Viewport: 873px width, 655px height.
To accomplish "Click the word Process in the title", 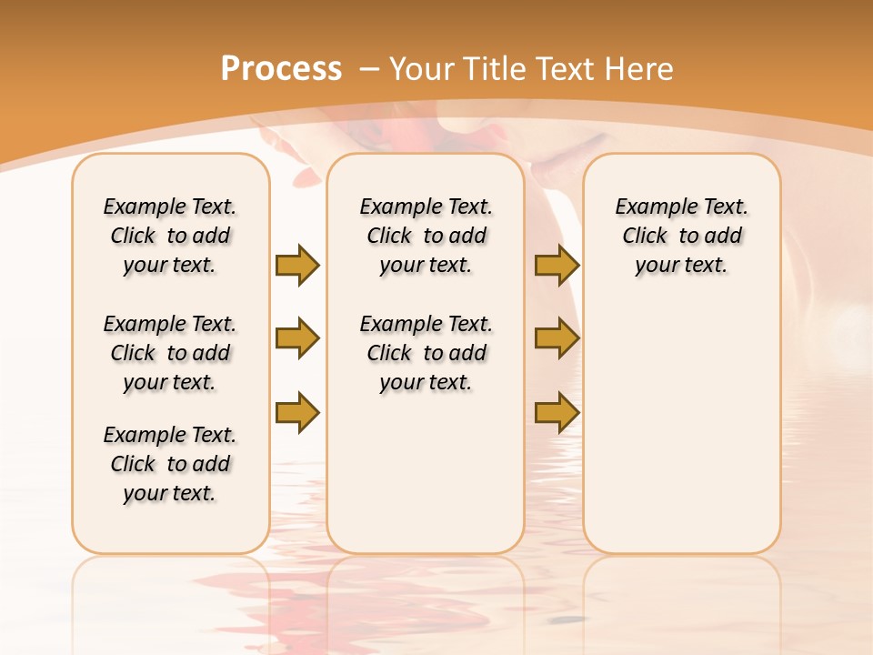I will coord(281,68).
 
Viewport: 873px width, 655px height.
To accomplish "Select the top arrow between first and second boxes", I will coord(297,265).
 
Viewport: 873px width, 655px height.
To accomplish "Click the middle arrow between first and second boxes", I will coord(297,338).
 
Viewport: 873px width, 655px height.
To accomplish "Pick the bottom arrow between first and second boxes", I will coord(297,412).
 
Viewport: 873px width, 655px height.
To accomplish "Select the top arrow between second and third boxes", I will coord(557,265).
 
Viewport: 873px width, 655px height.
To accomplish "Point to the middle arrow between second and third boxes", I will coord(557,338).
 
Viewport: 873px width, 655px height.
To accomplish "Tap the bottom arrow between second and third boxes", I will coord(557,412).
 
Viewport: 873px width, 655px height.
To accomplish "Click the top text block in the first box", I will coord(170,236).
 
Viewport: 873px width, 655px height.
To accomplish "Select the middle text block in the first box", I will coord(170,353).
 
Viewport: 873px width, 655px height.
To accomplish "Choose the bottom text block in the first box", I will coord(170,464).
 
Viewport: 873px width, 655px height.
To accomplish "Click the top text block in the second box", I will coord(426,236).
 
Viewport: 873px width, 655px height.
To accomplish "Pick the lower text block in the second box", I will coord(426,353).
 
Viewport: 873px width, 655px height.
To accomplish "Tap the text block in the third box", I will coord(681,236).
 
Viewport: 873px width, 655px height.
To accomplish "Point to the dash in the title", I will coord(369,68).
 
